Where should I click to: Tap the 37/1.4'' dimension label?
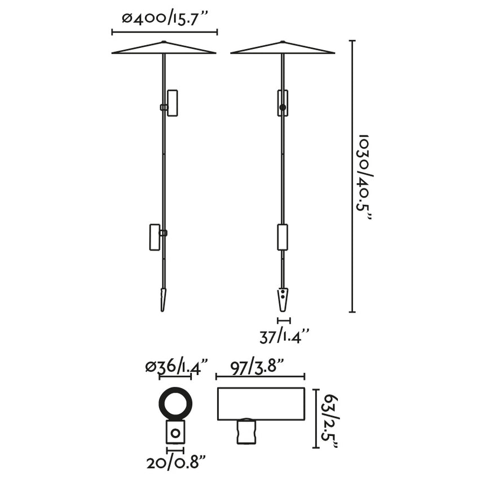[285, 337]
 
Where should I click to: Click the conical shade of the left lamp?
[164, 49]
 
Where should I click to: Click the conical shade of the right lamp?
[283, 49]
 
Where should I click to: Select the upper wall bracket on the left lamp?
[173, 103]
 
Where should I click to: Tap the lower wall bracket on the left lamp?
[155, 237]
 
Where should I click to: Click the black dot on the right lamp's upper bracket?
[283, 107]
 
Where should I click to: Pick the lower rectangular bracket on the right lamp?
[283, 237]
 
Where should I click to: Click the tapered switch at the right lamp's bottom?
[283, 298]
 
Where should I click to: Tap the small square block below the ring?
[175, 434]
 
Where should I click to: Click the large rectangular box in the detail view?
[261, 403]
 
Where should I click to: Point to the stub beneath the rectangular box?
[245, 431]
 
